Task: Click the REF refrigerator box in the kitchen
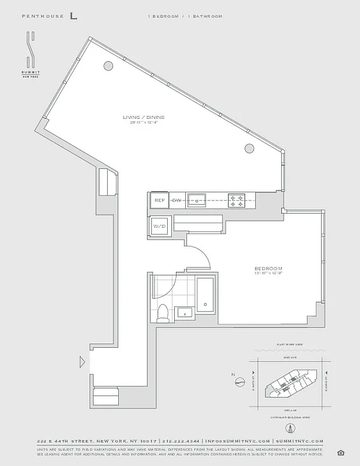tap(160, 200)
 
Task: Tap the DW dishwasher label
tap(177, 200)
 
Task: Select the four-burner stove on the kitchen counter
tap(236, 200)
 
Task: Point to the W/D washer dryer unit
tap(160, 226)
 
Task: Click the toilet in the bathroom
tap(164, 312)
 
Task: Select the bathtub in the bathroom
tap(205, 294)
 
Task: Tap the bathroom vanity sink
tap(185, 312)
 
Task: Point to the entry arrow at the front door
tap(82, 362)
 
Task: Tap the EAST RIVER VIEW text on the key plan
tap(290, 345)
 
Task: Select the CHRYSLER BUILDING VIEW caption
tap(290, 417)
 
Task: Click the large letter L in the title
tap(73, 16)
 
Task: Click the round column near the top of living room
tap(108, 66)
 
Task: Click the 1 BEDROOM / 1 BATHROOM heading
tap(184, 16)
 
